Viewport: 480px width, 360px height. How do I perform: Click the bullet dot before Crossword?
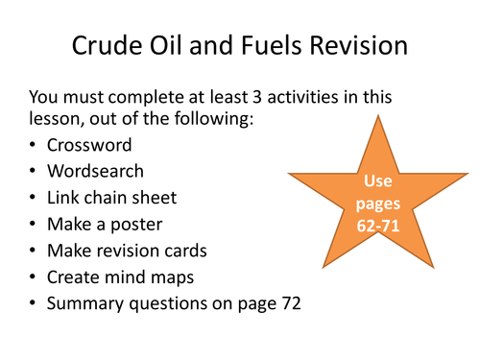[36, 145]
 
